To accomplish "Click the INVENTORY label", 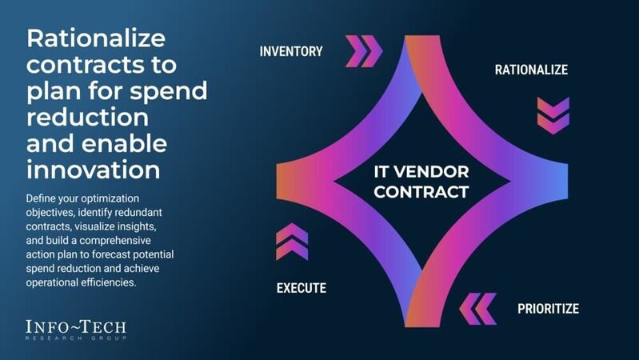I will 291,51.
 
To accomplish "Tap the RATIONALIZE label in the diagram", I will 531,70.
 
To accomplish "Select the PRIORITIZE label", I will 548,308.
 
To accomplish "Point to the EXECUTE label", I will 302,288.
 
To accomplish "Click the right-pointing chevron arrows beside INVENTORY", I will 364,51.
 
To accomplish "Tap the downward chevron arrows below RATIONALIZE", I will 553,115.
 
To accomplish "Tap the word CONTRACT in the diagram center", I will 421,192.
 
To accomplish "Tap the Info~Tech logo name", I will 76,326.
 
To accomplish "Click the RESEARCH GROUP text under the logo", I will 76,338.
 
